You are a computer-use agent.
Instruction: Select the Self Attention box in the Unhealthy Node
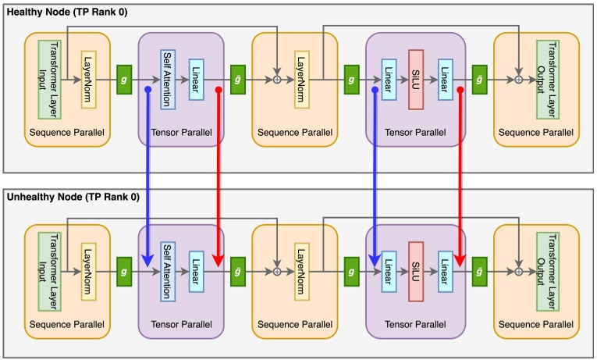click(x=169, y=271)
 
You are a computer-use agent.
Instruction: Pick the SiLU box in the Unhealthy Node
click(x=416, y=271)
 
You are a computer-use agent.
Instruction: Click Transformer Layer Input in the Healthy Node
click(x=49, y=79)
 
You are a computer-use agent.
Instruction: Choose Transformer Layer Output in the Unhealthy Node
click(x=547, y=271)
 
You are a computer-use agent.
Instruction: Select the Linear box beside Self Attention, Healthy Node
click(x=197, y=79)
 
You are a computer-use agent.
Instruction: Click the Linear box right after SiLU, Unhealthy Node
click(x=445, y=271)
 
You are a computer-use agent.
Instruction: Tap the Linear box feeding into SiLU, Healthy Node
click(x=388, y=79)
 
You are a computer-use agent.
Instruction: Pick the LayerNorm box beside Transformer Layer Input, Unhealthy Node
click(x=88, y=271)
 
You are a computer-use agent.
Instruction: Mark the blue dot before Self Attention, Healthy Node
click(x=147, y=90)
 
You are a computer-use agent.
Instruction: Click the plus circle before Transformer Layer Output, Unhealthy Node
click(x=518, y=271)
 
